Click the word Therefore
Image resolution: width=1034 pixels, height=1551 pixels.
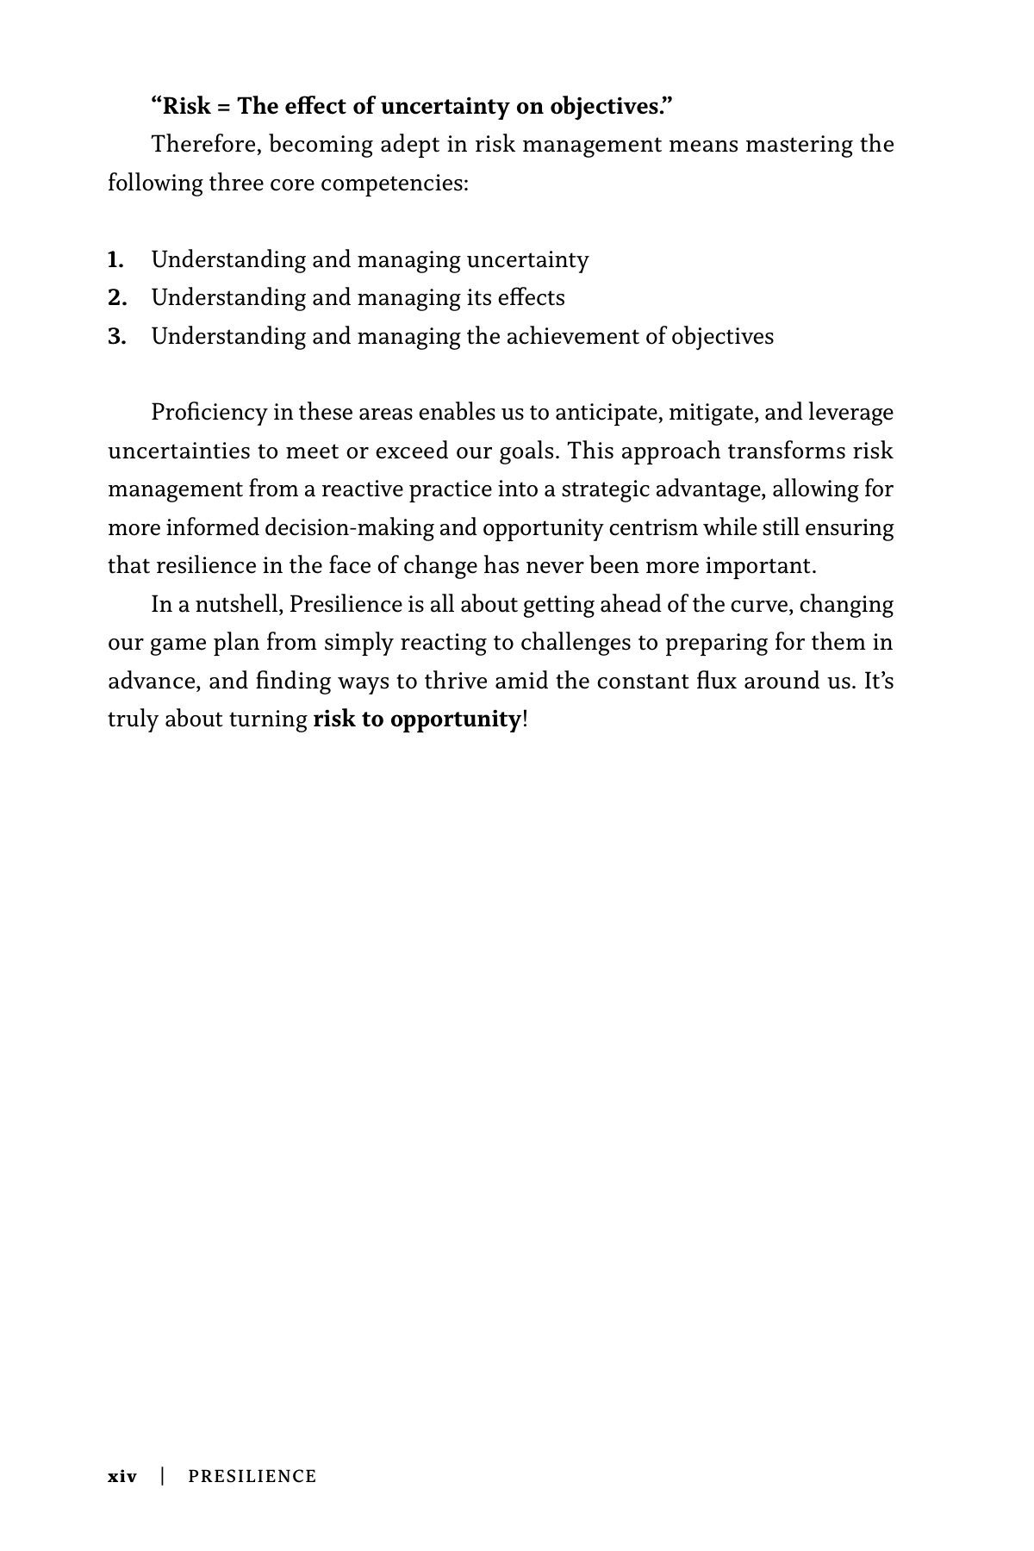pyautogui.click(x=206, y=144)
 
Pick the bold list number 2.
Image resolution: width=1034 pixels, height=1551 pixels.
pyautogui.click(x=117, y=298)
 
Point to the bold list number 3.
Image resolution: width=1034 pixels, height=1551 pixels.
pyautogui.click(x=117, y=336)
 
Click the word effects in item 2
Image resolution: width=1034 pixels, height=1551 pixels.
pyautogui.click(x=531, y=298)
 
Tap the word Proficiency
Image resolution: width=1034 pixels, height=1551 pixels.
pyautogui.click(x=209, y=413)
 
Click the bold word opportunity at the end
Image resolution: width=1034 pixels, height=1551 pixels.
pyautogui.click(x=455, y=719)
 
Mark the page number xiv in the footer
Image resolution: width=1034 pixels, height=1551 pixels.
pyautogui.click(x=121, y=1477)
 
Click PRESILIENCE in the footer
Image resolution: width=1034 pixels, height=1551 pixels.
pyautogui.click(x=252, y=1477)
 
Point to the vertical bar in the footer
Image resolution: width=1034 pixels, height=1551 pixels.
pyautogui.click(x=162, y=1476)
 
